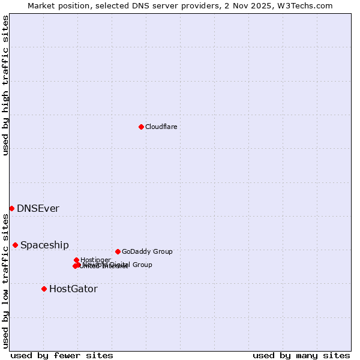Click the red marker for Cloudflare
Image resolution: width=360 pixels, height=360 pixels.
click(x=141, y=127)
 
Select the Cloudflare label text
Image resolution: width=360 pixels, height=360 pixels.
click(x=161, y=127)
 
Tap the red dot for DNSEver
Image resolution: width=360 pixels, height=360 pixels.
click(x=11, y=208)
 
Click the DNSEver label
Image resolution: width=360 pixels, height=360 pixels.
click(x=38, y=209)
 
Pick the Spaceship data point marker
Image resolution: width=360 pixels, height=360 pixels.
click(x=15, y=245)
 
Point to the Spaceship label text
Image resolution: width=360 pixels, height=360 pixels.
click(x=44, y=245)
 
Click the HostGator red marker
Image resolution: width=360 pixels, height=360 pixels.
click(x=44, y=289)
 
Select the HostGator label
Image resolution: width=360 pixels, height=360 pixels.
click(x=73, y=289)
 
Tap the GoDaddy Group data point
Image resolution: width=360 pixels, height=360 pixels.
click(x=118, y=251)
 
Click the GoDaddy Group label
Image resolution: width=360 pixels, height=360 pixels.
click(x=147, y=252)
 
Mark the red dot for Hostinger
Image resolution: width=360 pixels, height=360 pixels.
click(x=76, y=260)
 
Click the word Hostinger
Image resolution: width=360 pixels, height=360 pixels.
click(x=95, y=260)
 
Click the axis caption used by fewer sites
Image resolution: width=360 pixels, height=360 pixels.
click(x=62, y=355)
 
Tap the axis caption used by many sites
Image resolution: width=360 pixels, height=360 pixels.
click(x=301, y=355)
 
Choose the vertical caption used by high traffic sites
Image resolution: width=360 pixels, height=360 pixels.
click(x=5, y=85)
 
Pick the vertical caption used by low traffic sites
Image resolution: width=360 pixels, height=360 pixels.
click(x=5, y=281)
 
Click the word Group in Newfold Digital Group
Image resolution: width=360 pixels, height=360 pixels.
click(x=142, y=265)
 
